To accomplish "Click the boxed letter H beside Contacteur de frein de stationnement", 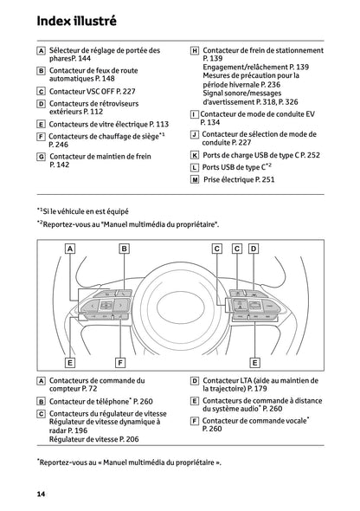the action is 195,51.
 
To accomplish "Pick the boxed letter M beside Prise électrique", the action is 195,179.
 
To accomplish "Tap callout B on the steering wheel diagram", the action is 124,249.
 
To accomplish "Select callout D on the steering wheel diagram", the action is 254,249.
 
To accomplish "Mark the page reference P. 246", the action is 61,145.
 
